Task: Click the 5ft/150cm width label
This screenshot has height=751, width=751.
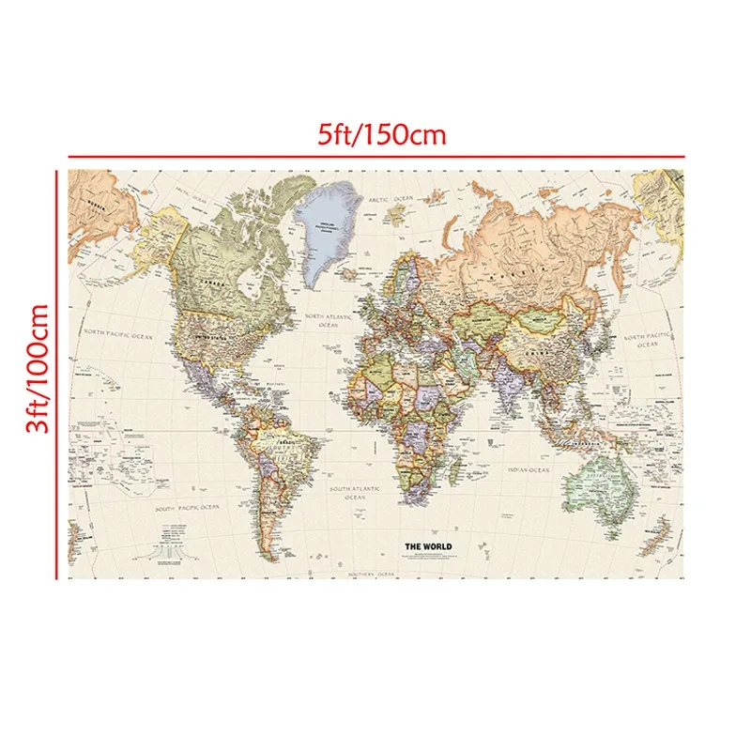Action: coord(380,133)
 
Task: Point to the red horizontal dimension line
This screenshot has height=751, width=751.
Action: coord(375,156)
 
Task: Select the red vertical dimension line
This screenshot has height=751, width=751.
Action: coord(58,374)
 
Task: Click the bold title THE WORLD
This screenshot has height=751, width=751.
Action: coord(428,546)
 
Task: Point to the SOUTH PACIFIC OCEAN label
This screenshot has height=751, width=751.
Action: coord(187,507)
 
